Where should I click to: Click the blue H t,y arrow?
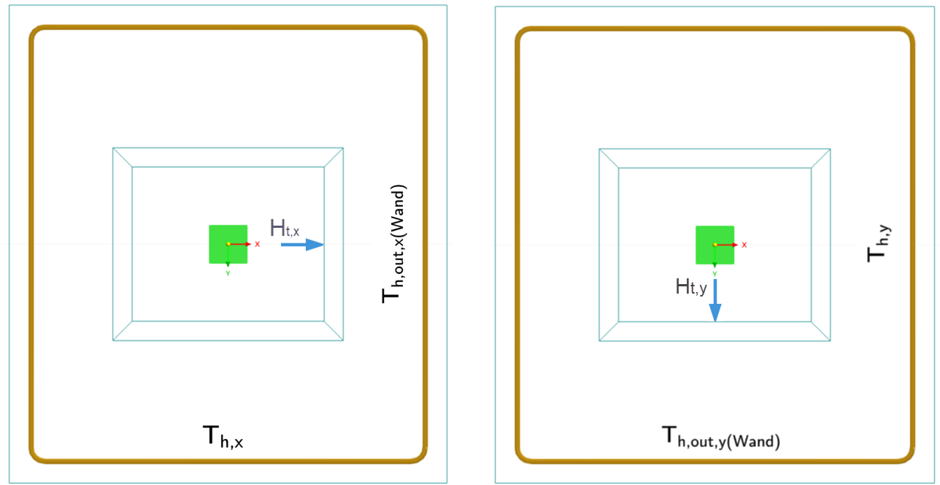[715, 300]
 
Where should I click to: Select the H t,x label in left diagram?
[285, 228]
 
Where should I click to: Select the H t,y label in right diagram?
[690, 288]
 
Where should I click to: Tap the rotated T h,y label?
[879, 243]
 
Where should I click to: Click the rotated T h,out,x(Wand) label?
[393, 244]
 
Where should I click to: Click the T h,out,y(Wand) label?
[721, 438]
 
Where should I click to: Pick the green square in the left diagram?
[228, 244]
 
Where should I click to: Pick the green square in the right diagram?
[714, 244]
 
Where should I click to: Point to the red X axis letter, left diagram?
[258, 244]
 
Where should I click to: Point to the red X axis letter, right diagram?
[744, 245]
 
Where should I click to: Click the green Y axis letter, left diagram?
[228, 273]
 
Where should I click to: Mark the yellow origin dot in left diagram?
[228, 244]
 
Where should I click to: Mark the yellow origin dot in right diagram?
[714, 245]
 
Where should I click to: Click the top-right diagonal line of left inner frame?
[334, 158]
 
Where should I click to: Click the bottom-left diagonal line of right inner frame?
[609, 331]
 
